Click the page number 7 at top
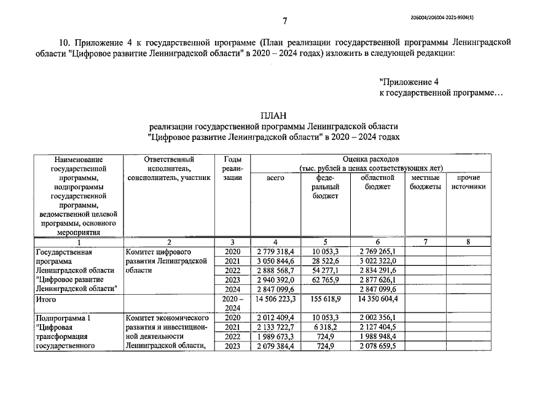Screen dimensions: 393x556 [285, 21]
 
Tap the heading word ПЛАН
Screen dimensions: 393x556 [273, 115]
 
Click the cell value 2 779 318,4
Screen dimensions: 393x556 [276, 252]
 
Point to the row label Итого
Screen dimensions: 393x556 [47, 300]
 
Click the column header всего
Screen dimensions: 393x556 [276, 178]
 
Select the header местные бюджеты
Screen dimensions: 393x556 [425, 182]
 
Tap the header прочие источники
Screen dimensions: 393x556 [468, 182]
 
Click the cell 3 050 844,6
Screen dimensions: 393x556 [276, 261]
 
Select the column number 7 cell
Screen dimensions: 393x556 [425, 243]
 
